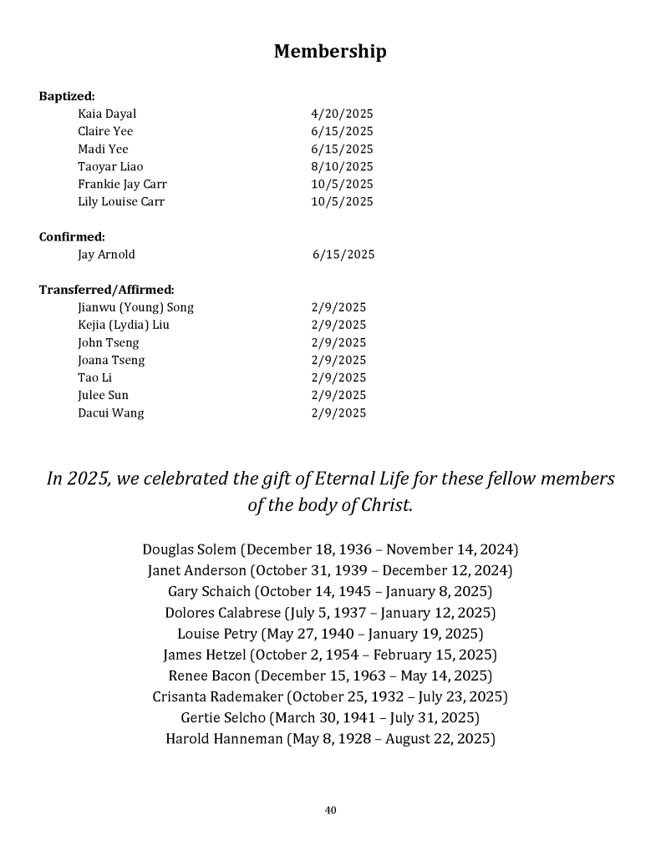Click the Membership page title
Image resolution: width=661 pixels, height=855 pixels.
click(x=330, y=52)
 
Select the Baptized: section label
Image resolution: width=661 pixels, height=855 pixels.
click(x=67, y=96)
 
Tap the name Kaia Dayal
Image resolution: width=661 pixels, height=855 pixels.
click(x=107, y=114)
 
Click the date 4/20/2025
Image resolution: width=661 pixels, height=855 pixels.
click(x=342, y=114)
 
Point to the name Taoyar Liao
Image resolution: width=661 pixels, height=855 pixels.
click(x=110, y=166)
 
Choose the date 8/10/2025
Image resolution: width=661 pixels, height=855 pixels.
click(x=342, y=166)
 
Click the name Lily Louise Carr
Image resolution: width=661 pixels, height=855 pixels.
click(x=121, y=201)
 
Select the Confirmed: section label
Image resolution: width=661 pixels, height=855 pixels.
click(x=72, y=236)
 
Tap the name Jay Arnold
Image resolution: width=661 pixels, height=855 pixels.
click(x=106, y=254)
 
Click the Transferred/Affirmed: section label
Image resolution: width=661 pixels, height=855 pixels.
click(x=106, y=290)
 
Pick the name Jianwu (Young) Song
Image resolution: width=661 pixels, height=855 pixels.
click(x=135, y=307)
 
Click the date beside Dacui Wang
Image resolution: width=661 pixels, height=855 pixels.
click(x=338, y=412)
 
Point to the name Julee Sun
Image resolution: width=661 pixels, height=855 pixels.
click(x=103, y=395)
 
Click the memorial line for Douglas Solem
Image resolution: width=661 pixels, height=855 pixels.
click(x=330, y=549)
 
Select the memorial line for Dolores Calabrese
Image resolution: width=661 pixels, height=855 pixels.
click(x=330, y=612)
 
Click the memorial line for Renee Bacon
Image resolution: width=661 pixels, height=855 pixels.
click(x=330, y=675)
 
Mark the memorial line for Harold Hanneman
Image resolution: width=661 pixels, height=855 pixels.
click(x=330, y=738)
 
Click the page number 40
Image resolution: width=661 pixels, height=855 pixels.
click(x=330, y=810)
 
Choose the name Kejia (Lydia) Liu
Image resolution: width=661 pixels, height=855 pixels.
click(x=124, y=325)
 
